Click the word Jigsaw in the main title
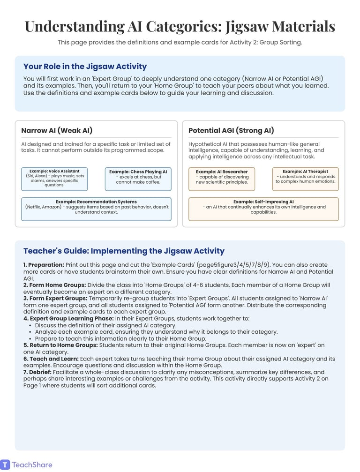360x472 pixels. [x=247, y=27]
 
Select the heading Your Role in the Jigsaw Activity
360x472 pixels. [x=85, y=67]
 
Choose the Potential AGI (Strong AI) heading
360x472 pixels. [x=231, y=131]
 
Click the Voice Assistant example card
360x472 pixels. [x=54, y=179]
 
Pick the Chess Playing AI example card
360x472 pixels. [x=138, y=179]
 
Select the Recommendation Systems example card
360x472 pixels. [x=96, y=209]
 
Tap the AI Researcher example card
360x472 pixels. [x=222, y=179]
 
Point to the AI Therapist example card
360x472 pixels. [x=305, y=179]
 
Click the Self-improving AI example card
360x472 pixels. [x=263, y=209]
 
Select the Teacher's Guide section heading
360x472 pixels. [x=124, y=251]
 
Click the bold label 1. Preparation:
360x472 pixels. [x=44, y=265]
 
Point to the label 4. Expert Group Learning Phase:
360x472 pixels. [x=68, y=319]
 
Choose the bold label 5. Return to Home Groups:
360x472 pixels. [x=60, y=345]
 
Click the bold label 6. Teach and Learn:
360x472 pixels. [x=51, y=359]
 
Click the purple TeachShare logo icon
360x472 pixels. [x=5, y=465]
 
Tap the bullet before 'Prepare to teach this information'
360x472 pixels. [x=30, y=339]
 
